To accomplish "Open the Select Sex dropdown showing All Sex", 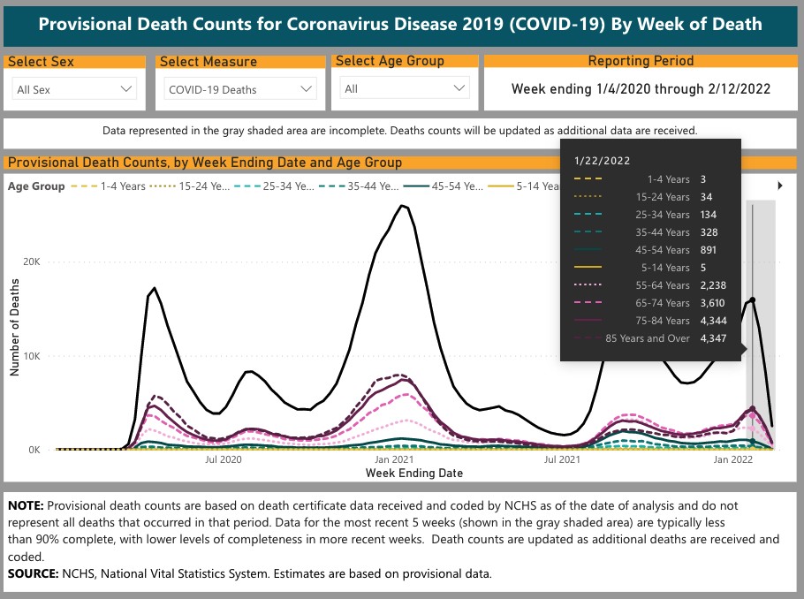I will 75,89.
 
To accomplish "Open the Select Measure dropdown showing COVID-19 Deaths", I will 240,89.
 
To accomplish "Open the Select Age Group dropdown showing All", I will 406,89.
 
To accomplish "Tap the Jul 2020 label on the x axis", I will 224,460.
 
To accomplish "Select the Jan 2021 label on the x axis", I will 394,460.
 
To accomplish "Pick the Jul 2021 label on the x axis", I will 563,460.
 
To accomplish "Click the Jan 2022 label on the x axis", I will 732,460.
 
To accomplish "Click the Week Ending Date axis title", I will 413,473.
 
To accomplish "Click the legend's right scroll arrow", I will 780,186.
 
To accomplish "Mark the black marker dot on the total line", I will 753,299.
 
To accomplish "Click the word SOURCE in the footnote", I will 33,574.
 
